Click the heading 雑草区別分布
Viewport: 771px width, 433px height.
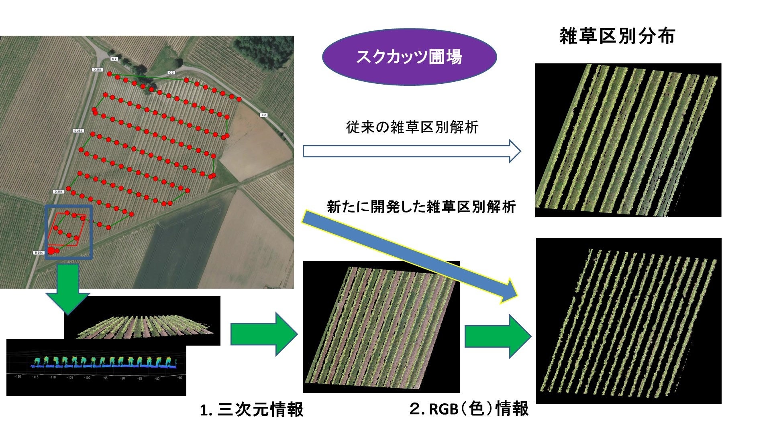click(617, 36)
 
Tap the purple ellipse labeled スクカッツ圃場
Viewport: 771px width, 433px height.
click(409, 57)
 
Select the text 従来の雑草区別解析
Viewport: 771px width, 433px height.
click(412, 127)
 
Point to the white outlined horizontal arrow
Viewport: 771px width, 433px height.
click(412, 151)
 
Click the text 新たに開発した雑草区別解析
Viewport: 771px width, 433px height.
click(421, 207)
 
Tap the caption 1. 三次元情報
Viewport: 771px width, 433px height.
click(252, 410)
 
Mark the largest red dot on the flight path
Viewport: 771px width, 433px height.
click(51, 251)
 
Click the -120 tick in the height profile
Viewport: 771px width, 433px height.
click(18, 377)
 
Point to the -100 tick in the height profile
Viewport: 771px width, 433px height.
click(87, 378)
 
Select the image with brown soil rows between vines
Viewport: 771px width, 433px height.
click(381, 327)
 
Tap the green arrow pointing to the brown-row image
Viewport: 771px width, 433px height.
click(264, 334)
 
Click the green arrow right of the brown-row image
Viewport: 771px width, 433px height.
click(498, 336)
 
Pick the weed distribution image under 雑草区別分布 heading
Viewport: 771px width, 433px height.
click(628, 140)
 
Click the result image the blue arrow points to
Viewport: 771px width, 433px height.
click(628, 321)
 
